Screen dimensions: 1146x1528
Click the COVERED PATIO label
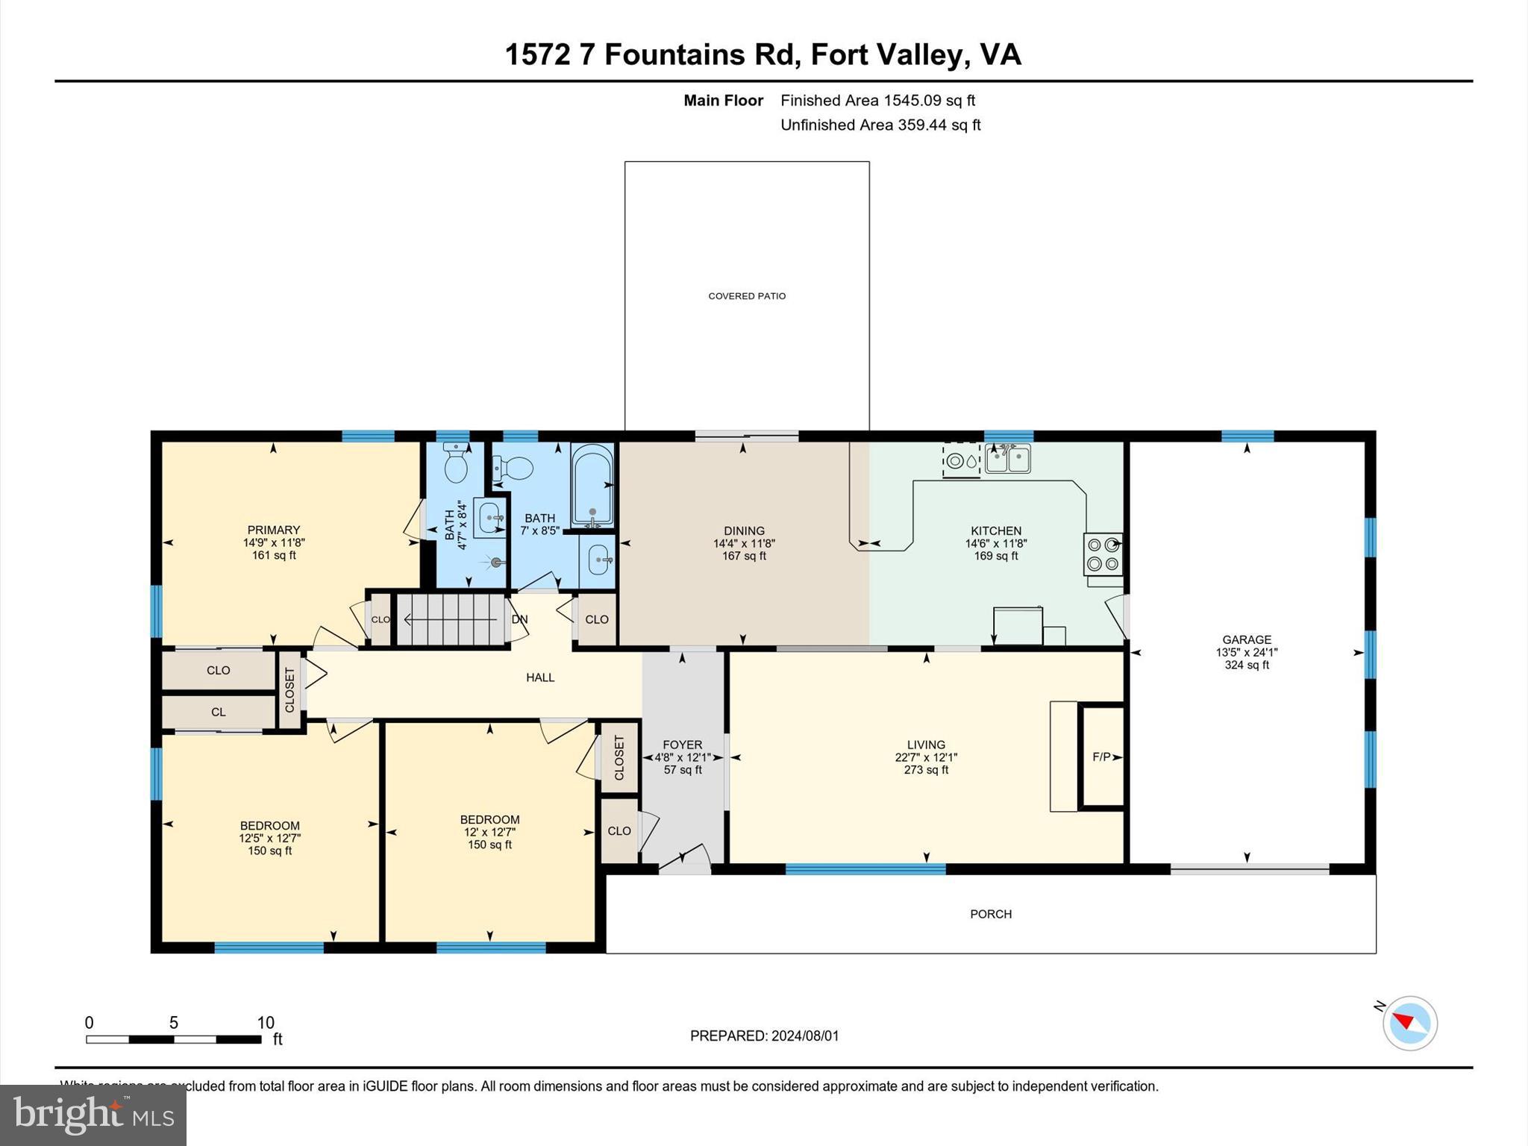[747, 296]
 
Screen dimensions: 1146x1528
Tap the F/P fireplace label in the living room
[1101, 757]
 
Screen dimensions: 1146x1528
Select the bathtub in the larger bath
[592, 485]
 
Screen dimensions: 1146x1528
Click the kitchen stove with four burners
[1103, 554]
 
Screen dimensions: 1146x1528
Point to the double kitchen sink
[1007, 458]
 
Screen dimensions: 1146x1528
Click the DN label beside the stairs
[519, 619]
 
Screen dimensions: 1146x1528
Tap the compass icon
[1409, 1023]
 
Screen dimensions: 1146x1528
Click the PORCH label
[991, 914]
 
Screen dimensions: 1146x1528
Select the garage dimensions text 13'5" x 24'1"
[1247, 652]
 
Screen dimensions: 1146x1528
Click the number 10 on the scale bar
[266, 1023]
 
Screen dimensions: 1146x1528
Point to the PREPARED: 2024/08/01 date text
[764, 1036]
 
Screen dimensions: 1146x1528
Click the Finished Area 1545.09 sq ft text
[877, 100]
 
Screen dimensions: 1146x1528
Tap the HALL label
[540, 677]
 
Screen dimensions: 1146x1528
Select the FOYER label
[682, 745]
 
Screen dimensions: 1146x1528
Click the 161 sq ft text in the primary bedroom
[274, 555]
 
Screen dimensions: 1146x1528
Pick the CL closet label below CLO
[218, 712]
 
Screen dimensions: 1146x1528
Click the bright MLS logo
[93, 1115]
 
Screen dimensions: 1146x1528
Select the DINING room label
[744, 531]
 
